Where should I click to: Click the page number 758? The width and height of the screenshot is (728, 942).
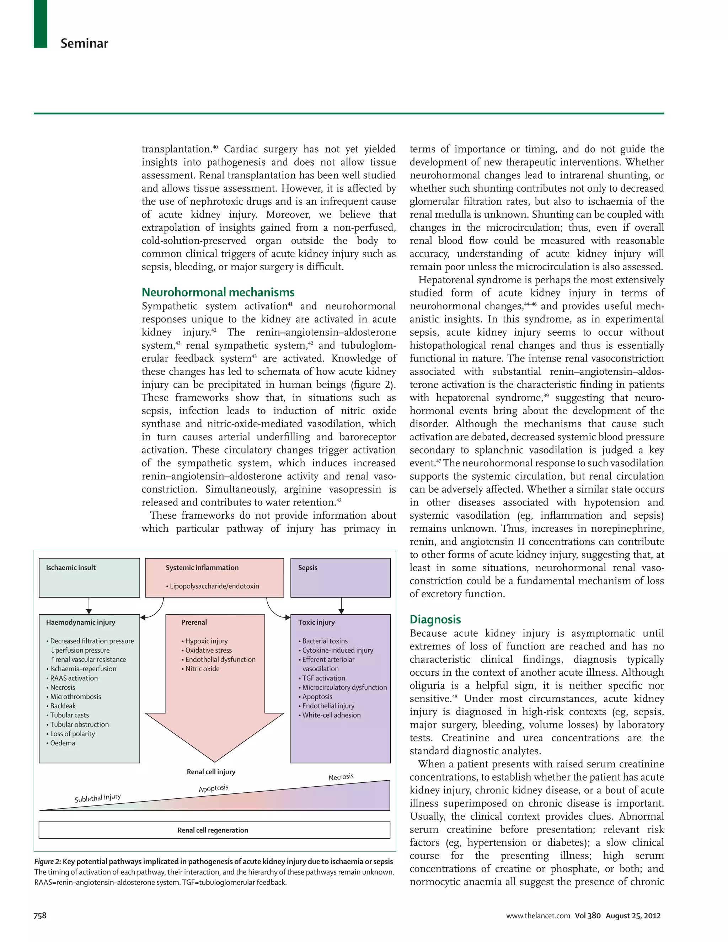tap(40, 915)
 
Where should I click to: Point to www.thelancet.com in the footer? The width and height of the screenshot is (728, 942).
tap(538, 916)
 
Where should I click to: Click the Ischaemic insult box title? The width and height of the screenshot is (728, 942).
tap(71, 568)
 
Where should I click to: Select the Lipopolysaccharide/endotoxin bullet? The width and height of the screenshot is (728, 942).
tap(214, 586)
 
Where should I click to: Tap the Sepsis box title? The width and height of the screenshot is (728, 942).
tap(307, 568)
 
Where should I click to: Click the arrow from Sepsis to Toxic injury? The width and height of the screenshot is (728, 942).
tap(341, 606)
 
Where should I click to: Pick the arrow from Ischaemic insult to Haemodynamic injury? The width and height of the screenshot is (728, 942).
tap(89, 606)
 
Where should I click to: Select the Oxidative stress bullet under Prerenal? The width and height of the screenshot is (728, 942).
tap(208, 650)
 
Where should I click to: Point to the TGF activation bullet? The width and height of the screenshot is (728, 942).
tap(323, 678)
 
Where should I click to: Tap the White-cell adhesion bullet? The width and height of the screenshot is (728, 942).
tap(331, 715)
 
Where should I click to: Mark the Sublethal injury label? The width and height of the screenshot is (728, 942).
tap(98, 798)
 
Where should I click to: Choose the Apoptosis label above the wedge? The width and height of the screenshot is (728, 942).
tap(214, 788)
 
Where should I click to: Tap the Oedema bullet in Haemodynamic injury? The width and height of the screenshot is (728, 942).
tap(63, 743)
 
